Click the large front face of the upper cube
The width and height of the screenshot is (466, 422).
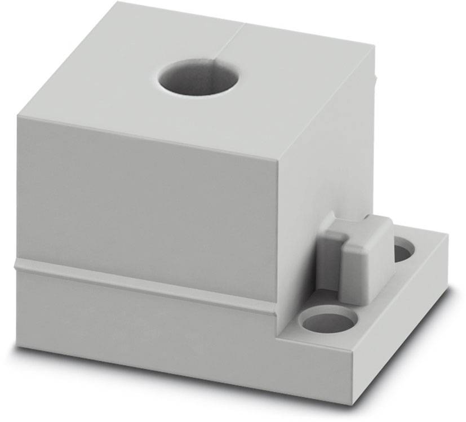147,203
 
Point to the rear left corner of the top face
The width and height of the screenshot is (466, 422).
117,3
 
